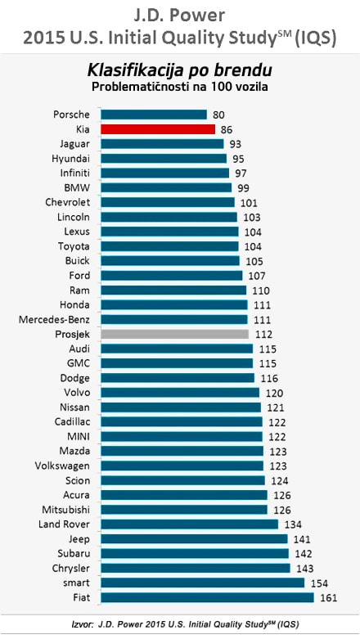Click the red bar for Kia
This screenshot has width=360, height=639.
click(x=158, y=129)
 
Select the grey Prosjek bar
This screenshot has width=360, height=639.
click(x=174, y=334)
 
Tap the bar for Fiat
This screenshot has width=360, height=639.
click(x=207, y=597)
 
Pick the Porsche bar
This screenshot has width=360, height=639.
click(x=154, y=115)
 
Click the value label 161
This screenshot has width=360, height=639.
click(x=327, y=597)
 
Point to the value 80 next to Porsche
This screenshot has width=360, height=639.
click(x=219, y=115)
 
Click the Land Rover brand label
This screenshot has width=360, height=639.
click(x=65, y=524)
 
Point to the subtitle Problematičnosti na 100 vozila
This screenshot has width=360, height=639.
click(x=180, y=86)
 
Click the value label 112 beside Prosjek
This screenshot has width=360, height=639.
click(x=263, y=334)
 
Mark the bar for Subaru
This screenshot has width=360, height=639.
click(x=195, y=553)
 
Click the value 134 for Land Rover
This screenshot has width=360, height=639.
click(x=292, y=524)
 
